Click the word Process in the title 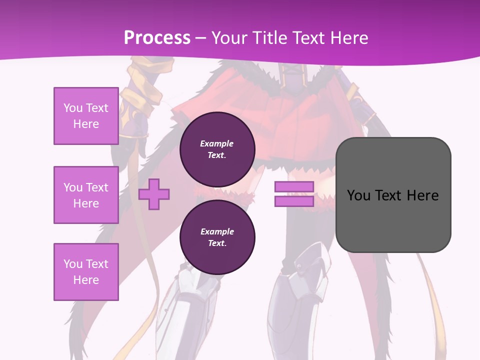click(x=157, y=38)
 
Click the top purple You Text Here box click(x=86, y=116)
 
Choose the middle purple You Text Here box click(x=86, y=195)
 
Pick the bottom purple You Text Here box click(x=86, y=271)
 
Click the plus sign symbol click(x=154, y=194)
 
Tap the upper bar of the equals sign click(x=294, y=186)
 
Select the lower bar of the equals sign click(x=294, y=201)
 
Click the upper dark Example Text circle click(x=217, y=149)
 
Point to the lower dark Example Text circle click(x=217, y=237)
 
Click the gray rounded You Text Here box click(x=393, y=194)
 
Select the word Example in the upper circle click(x=217, y=143)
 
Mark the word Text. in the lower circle click(x=217, y=243)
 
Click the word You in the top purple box click(x=73, y=108)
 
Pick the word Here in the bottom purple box click(x=86, y=280)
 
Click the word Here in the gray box click(x=423, y=195)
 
